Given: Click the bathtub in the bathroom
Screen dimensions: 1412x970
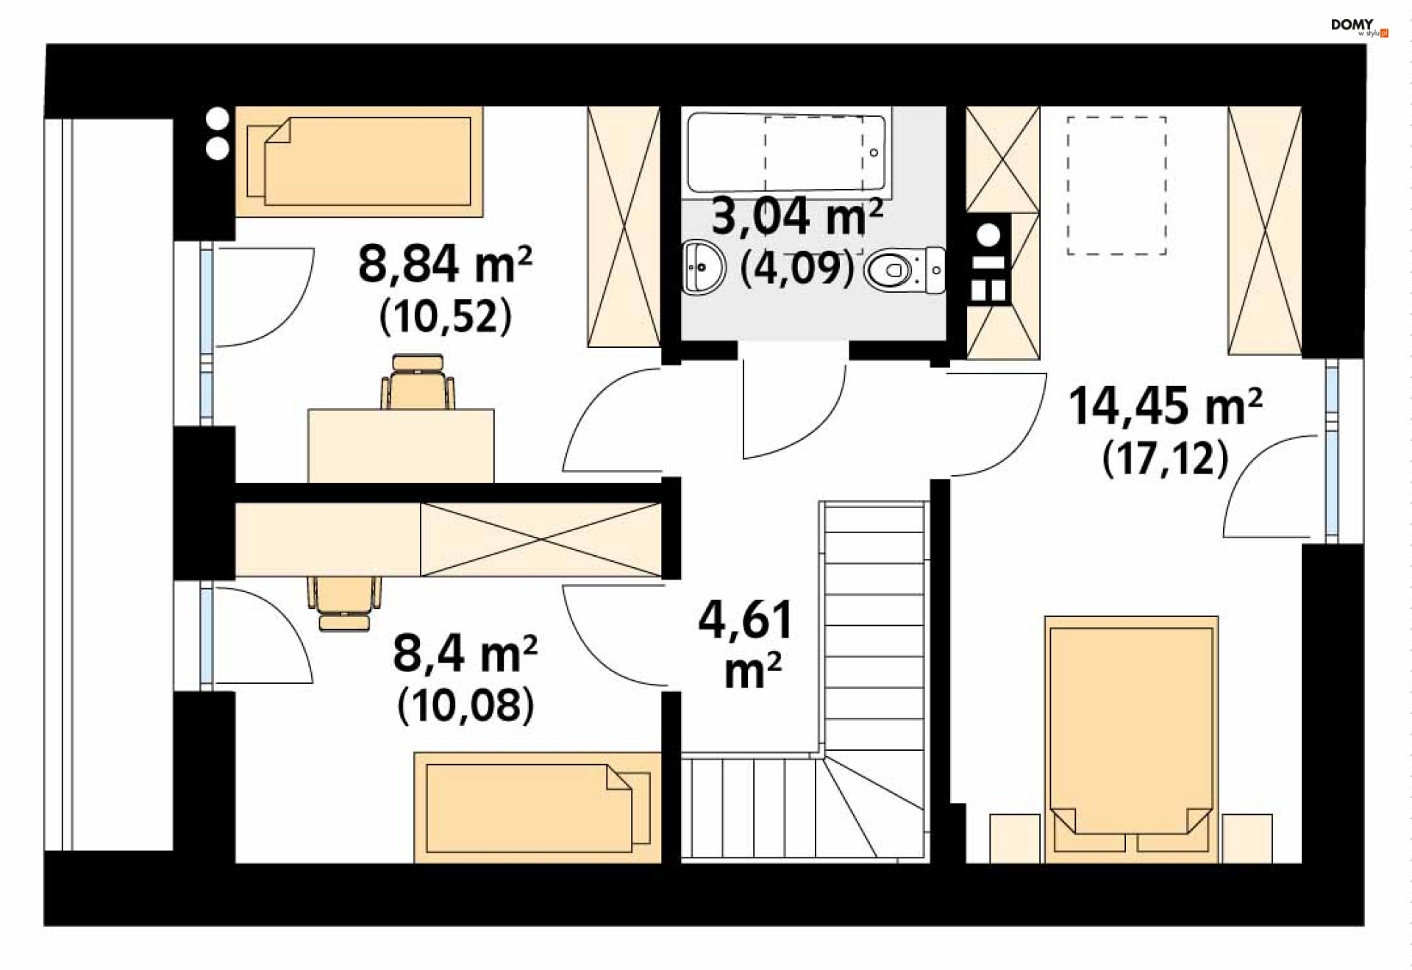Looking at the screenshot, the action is point(786,152).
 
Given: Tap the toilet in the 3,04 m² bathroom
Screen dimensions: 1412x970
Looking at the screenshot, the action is point(905,271).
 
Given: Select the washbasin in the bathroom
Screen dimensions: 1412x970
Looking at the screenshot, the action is point(704,266).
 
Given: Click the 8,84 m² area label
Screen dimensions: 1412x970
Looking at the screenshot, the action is point(445,263).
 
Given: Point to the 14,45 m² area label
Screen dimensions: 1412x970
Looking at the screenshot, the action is point(1165,405).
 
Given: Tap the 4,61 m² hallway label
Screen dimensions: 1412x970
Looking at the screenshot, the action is point(746,644).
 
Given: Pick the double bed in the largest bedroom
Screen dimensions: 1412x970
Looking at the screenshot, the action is point(1131,739).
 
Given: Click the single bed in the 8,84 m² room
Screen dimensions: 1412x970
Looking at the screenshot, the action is point(359,161).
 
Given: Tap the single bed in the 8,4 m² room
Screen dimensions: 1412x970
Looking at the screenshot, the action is point(538,807).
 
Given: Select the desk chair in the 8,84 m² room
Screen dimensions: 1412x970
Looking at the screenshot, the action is point(417,382).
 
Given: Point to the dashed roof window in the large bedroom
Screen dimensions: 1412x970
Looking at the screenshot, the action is point(1116,185).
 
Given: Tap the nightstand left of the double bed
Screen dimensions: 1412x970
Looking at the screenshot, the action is point(1015,838).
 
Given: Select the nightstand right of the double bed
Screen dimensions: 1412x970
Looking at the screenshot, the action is point(1247,838).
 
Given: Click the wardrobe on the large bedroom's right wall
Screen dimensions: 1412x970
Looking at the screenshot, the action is point(1264,231).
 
